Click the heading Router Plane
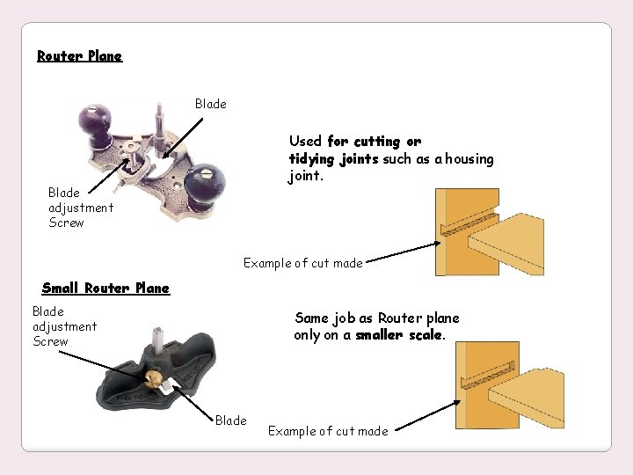79,56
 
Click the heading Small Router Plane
105,288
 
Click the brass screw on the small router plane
154,377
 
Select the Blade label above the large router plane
210,104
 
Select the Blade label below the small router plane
230,420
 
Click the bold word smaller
379,335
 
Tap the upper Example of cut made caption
302,263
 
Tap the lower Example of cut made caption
327,431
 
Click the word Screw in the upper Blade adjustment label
66,223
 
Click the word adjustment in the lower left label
64,326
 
